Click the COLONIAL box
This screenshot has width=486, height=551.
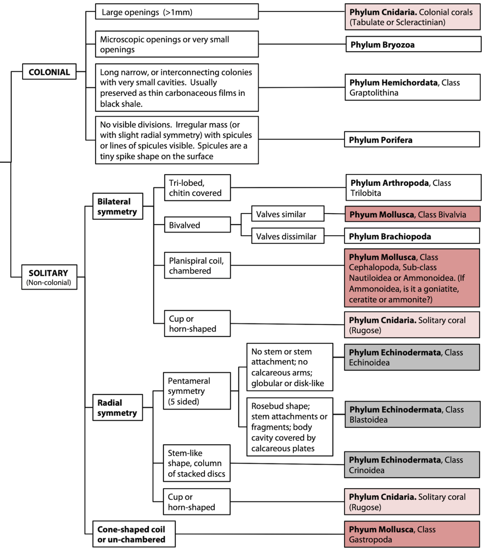click(49, 72)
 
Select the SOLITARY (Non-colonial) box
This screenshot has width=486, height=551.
click(49, 277)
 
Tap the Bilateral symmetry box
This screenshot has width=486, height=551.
click(117, 206)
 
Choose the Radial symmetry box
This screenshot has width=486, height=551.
click(117, 408)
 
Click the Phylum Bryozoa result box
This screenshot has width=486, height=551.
click(413, 44)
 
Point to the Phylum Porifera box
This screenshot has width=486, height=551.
click(412, 140)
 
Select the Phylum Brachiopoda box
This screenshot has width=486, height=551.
click(412, 236)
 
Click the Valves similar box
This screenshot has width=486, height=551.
click(288, 214)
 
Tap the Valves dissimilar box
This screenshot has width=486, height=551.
click(288, 236)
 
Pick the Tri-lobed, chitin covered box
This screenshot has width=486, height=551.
click(197, 188)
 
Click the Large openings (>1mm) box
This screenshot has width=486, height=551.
click(177, 12)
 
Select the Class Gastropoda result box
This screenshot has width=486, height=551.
click(412, 534)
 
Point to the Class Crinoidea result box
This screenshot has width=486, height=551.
click(412, 465)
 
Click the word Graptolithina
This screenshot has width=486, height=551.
click(374, 93)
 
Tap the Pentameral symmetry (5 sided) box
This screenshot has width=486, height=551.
click(197, 391)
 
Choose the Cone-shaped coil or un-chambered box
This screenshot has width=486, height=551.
click(134, 534)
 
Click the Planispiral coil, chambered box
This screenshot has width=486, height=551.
click(197, 265)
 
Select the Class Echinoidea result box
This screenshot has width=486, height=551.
click(412, 357)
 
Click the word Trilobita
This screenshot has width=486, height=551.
click(365, 193)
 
